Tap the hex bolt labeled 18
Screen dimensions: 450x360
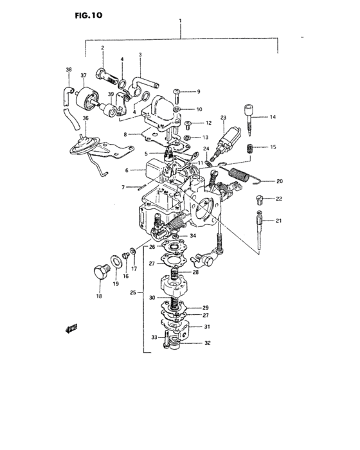100,271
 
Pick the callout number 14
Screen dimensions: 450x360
273,117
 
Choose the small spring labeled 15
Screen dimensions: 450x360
252,148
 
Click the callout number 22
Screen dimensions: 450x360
280,199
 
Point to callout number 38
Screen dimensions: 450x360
69,69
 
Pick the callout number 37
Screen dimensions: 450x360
83,76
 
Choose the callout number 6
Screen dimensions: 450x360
127,170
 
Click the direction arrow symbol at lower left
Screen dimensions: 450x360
70,329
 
